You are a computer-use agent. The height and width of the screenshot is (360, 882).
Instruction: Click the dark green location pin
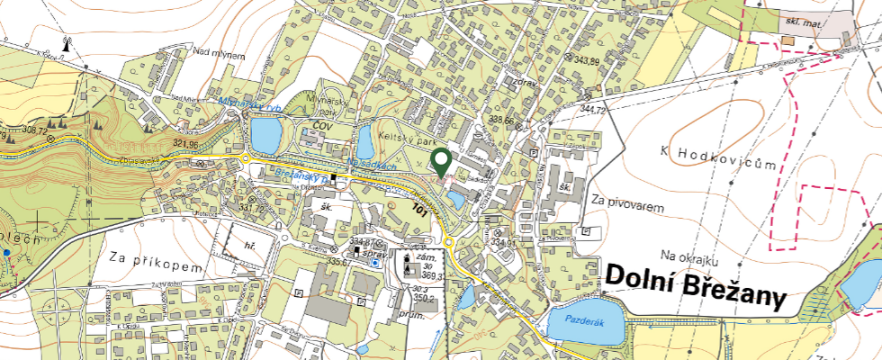pyautogui.click(x=441, y=162)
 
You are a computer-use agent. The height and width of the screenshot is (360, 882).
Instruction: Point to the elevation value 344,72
pyautogui.click(x=594, y=110)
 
